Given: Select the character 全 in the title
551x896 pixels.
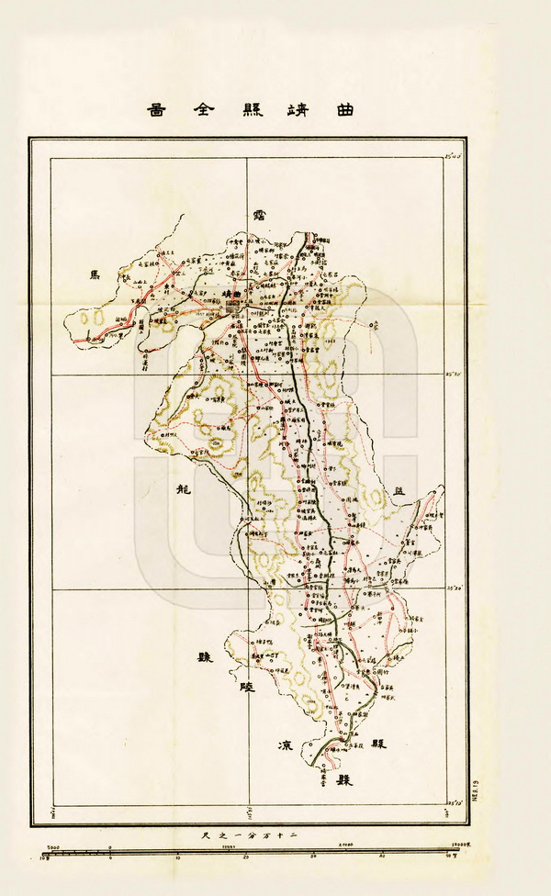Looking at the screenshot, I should [207, 109].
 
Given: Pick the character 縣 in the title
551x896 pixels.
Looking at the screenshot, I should [253, 109].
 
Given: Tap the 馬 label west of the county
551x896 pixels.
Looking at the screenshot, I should [92, 274].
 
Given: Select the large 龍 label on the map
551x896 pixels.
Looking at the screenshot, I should [181, 488].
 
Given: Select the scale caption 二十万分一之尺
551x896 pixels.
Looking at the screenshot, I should [246, 834].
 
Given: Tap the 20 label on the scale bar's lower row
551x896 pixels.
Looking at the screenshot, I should [246, 857].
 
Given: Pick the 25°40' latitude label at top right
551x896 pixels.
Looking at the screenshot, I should [452, 157].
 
